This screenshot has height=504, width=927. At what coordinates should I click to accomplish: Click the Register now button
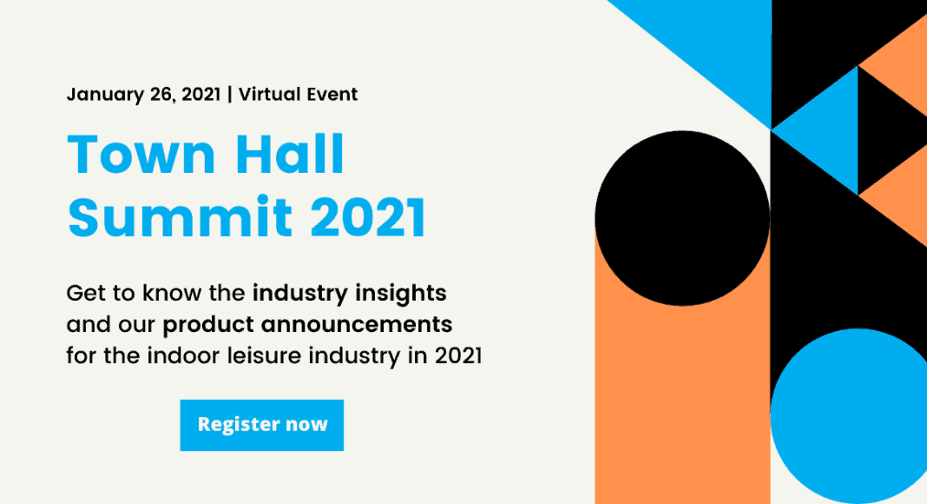tap(262, 425)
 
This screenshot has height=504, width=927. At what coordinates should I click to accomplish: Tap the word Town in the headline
tap(141, 155)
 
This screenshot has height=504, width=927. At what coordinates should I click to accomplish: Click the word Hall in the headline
tap(290, 154)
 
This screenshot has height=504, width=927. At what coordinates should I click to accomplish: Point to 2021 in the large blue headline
tap(368, 217)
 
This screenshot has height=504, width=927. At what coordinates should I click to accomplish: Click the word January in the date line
tap(105, 95)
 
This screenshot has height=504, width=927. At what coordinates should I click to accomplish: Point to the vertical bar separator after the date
tap(229, 94)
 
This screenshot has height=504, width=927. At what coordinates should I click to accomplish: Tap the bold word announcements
tap(357, 325)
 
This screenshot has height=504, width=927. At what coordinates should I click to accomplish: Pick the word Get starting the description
tap(86, 294)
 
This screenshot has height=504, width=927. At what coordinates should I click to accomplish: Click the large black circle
tap(682, 218)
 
